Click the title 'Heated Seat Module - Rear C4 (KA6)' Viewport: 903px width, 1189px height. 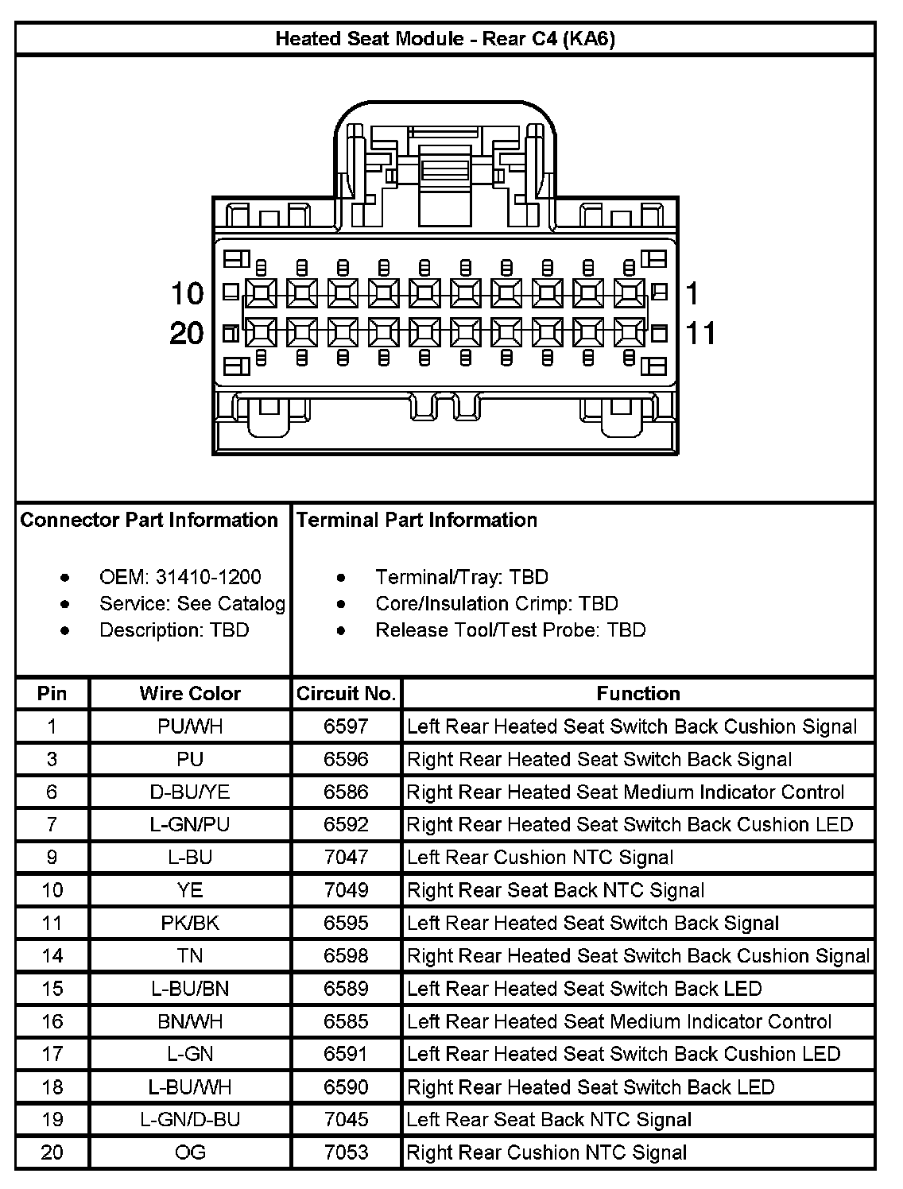tap(445, 39)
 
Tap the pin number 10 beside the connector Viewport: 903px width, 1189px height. tap(188, 294)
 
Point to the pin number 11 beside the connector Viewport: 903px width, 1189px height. tap(700, 333)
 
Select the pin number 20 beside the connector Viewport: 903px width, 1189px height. tap(187, 333)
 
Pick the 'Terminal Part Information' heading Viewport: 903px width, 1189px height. tap(417, 520)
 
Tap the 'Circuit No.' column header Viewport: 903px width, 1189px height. tap(346, 694)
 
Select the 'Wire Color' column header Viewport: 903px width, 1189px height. tap(190, 694)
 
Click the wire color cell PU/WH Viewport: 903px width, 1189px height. tap(190, 726)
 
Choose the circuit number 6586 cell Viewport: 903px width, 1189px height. tap(346, 792)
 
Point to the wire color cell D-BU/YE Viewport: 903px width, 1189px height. tap(190, 792)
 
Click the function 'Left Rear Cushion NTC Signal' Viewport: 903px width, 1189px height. tap(540, 858)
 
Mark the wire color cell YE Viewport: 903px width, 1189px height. tap(190, 890)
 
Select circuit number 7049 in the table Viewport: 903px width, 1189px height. tap(346, 890)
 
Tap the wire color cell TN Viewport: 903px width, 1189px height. tap(190, 955)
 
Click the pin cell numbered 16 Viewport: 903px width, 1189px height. tap(52, 1021)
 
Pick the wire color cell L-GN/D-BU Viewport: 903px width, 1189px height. tap(190, 1120)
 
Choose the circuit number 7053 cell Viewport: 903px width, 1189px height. tap(346, 1152)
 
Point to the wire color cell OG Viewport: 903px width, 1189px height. tap(190, 1152)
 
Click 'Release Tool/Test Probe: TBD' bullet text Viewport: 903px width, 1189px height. tap(510, 630)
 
